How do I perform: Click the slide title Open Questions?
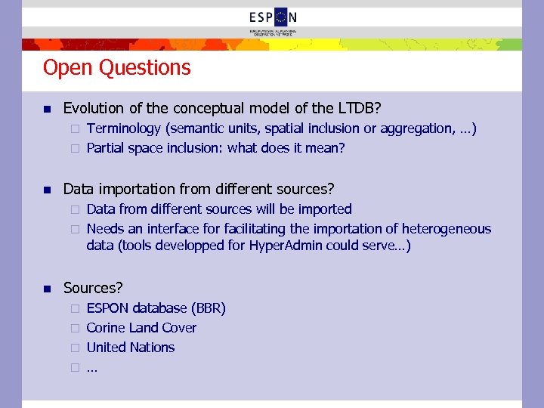tap(117, 68)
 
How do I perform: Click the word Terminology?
tap(123, 128)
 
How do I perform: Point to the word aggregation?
tap(416, 128)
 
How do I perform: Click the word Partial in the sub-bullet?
tap(106, 148)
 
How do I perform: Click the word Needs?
tap(105, 228)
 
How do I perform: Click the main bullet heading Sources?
tap(93, 288)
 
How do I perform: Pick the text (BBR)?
tap(209, 308)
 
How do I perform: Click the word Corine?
tap(107, 328)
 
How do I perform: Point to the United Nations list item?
tap(131, 348)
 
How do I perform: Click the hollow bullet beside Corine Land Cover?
tap(75, 329)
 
